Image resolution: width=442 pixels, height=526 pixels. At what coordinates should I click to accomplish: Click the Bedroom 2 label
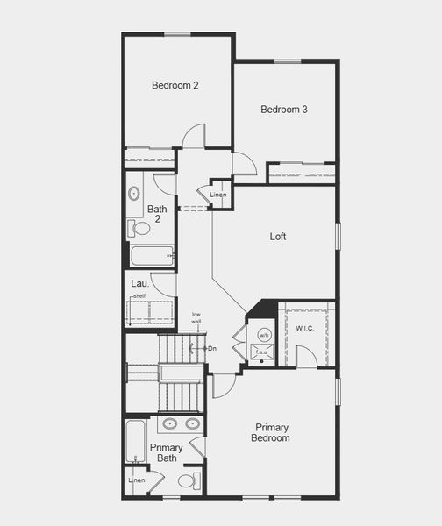coord(175,85)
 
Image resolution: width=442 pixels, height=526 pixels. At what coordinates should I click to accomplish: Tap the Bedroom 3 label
coord(283,110)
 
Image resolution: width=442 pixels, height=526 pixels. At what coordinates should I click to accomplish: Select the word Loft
coord(278,236)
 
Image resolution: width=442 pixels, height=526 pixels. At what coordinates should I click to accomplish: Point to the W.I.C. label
coord(305,328)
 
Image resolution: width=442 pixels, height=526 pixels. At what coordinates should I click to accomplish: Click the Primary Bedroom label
coord(271,432)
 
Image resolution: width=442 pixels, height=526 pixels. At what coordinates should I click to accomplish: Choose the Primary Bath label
coord(166,452)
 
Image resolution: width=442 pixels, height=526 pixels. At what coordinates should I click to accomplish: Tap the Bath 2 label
coord(157,214)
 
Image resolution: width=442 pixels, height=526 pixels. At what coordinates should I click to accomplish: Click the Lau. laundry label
coord(139,284)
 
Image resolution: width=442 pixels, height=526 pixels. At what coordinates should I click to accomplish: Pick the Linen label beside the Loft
coord(218,195)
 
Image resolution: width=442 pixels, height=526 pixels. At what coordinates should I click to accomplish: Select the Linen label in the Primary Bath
coord(136,480)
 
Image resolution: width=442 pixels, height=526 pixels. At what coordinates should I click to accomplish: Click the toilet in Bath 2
coord(140,228)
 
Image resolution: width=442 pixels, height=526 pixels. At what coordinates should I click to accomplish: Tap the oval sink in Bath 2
coord(134,194)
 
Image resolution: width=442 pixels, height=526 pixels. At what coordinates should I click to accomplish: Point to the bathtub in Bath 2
coord(152,256)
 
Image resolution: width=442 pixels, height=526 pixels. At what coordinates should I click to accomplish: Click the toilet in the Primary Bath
coord(188,481)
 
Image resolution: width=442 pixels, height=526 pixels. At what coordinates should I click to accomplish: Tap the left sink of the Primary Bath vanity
coord(171,423)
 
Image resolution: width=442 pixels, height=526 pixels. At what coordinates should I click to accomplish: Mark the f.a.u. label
coord(261,351)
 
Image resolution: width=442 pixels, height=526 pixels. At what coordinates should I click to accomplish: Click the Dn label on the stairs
coord(211,348)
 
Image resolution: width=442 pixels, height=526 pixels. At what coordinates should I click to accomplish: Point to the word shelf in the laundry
coord(139,296)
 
